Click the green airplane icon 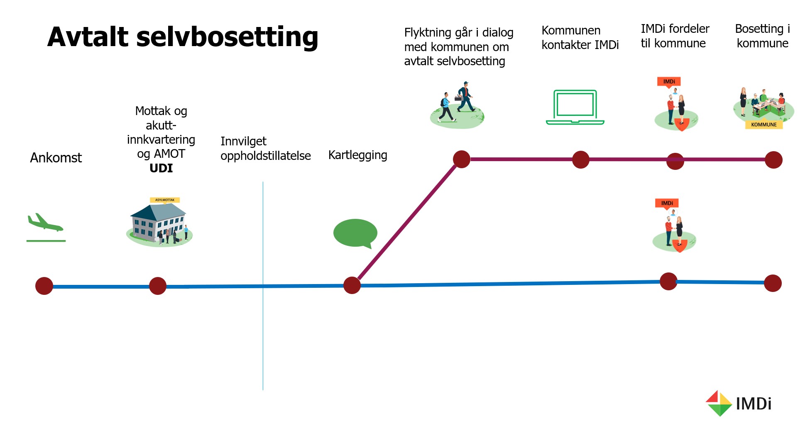45,223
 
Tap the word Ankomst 56,158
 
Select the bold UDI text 161,168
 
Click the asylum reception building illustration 159,222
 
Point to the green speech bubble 355,233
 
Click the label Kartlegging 357,155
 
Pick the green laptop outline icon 575,107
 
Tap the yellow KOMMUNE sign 764,125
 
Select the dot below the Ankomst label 44,286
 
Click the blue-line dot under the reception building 158,286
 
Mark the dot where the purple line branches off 352,285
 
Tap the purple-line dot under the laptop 580,159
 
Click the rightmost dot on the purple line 773,160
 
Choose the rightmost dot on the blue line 773,283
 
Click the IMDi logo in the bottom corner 738,403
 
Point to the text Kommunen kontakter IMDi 580,38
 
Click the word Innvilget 243,142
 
